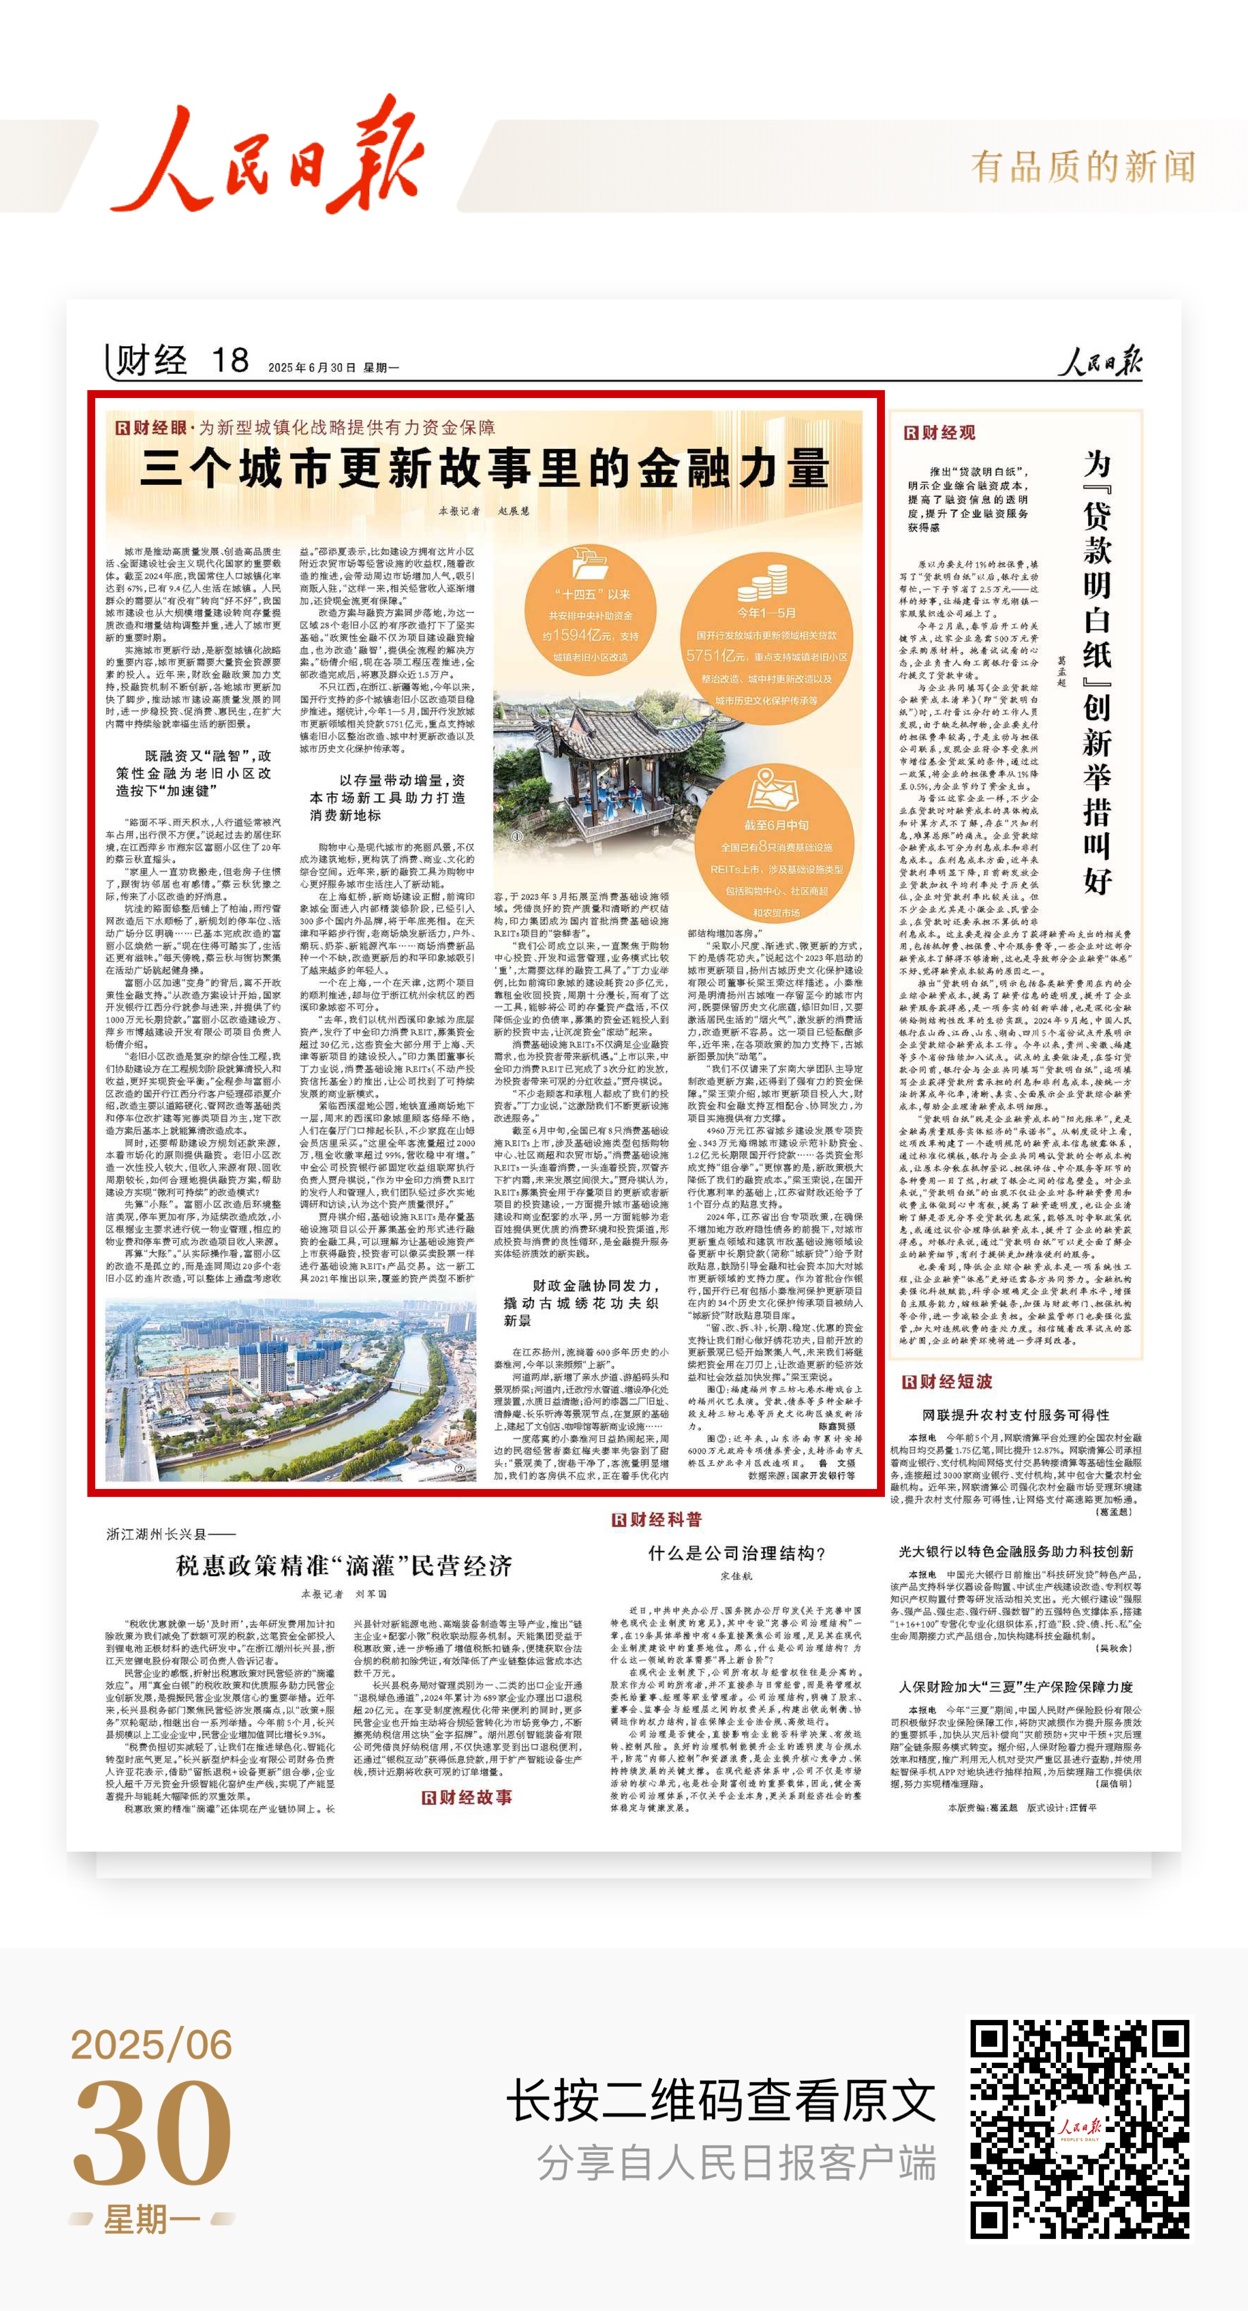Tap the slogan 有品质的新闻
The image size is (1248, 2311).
coord(1083,167)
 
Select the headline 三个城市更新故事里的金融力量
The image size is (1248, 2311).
coord(484,468)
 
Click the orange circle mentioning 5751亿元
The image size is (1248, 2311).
coord(766,634)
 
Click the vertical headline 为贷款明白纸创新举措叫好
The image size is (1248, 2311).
coord(1097,673)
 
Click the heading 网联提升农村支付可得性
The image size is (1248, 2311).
coord(1016,1415)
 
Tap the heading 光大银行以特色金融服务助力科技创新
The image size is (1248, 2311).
coord(1016,1551)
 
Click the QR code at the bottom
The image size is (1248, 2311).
coord(1079,2129)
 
